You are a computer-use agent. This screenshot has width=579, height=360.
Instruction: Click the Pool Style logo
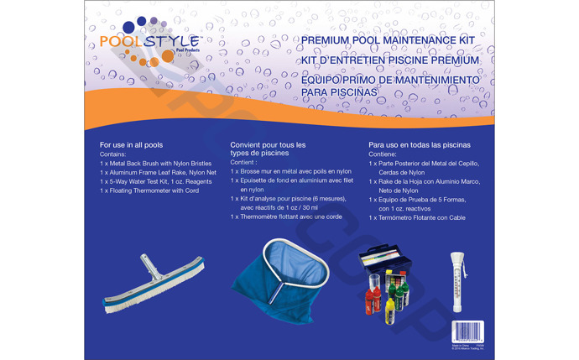coord(149,44)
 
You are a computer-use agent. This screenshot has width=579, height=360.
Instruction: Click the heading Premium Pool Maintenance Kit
coord(387,40)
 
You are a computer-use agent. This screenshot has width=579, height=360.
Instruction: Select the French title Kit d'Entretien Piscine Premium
coord(389,60)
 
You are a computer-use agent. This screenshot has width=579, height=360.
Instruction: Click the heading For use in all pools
coord(131,145)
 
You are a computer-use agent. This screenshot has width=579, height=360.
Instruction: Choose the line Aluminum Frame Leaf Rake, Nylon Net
coord(158,172)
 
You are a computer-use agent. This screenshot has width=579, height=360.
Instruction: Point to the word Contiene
coord(383,154)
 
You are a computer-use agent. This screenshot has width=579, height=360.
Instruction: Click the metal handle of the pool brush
coord(145,267)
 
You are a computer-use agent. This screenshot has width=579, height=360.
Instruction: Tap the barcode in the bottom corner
coord(465,329)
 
